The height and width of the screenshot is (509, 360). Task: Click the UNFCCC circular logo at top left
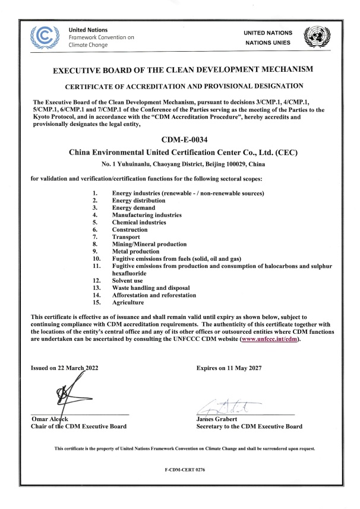49,36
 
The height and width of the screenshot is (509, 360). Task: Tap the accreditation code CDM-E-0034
179,141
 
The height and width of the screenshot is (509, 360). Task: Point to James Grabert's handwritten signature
228,407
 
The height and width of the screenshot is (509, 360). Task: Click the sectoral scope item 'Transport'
126,236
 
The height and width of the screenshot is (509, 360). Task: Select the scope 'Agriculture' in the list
129,302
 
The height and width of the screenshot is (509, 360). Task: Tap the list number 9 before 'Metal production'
95,251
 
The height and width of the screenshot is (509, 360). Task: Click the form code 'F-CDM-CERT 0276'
179,469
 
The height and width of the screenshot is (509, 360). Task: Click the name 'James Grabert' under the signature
217,419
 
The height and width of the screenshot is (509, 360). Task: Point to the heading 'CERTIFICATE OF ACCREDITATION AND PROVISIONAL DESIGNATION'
179,86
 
